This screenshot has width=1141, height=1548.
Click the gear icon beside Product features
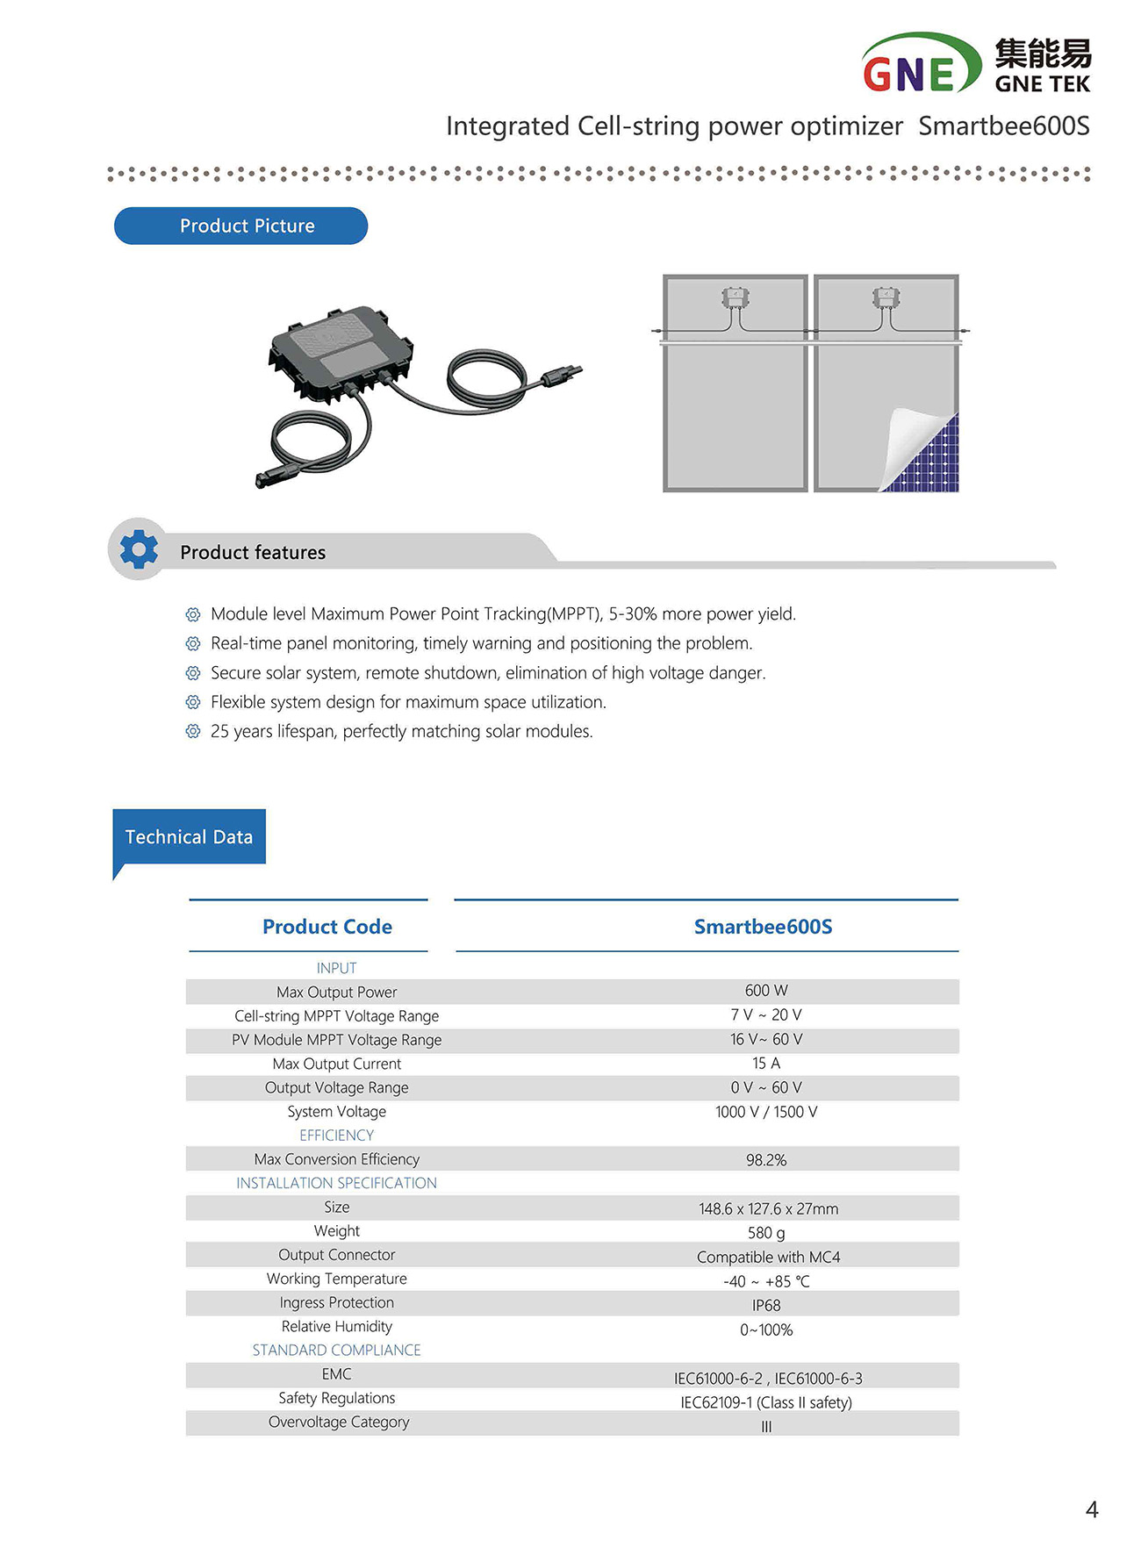click(x=139, y=549)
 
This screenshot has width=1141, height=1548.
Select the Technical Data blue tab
click(x=189, y=837)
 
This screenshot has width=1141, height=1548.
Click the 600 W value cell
click(x=765, y=991)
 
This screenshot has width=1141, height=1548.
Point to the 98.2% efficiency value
click(x=765, y=1160)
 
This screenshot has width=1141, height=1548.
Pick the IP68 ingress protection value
click(x=765, y=1306)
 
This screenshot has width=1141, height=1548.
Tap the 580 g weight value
click(x=765, y=1233)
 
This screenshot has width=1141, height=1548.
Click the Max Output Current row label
click(x=336, y=1064)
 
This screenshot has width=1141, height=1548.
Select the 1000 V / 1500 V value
click(x=765, y=1112)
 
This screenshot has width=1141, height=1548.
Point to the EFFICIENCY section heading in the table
click(x=336, y=1136)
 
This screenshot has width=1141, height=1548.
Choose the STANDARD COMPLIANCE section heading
click(x=336, y=1350)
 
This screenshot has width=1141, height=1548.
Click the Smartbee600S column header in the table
click(x=763, y=927)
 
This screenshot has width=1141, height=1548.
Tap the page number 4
click(x=1092, y=1509)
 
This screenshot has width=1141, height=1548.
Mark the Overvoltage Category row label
click(x=339, y=1422)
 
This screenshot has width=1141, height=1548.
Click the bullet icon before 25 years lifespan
click(x=193, y=731)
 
